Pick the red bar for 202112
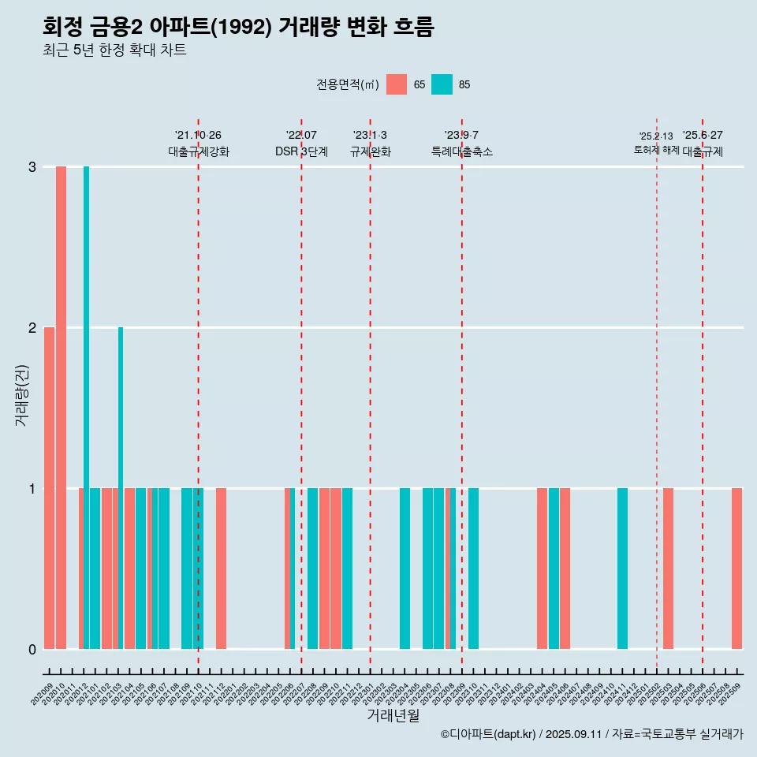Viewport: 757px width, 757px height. click(222, 569)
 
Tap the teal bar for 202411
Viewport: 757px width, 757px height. click(623, 569)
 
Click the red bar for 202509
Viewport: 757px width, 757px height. click(737, 569)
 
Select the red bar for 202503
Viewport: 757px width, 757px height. click(668, 569)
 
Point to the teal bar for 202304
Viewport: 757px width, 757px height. click(405, 569)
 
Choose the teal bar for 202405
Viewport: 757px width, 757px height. click(554, 569)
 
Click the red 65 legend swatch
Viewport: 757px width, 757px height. click(397, 84)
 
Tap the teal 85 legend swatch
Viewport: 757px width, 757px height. click(442, 84)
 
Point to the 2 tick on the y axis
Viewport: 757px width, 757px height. click(32, 327)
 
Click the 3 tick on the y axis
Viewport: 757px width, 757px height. click(32, 167)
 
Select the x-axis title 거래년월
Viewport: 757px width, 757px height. click(393, 715)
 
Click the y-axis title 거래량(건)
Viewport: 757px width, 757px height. click(21, 394)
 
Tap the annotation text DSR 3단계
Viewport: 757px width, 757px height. click(301, 151)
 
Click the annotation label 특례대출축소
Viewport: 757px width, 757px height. click(462, 151)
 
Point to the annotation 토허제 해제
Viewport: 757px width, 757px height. click(656, 150)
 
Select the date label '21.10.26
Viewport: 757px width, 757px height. click(198, 136)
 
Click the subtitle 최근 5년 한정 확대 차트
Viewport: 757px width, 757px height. click(114, 50)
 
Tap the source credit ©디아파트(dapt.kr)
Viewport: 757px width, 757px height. click(488, 735)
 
